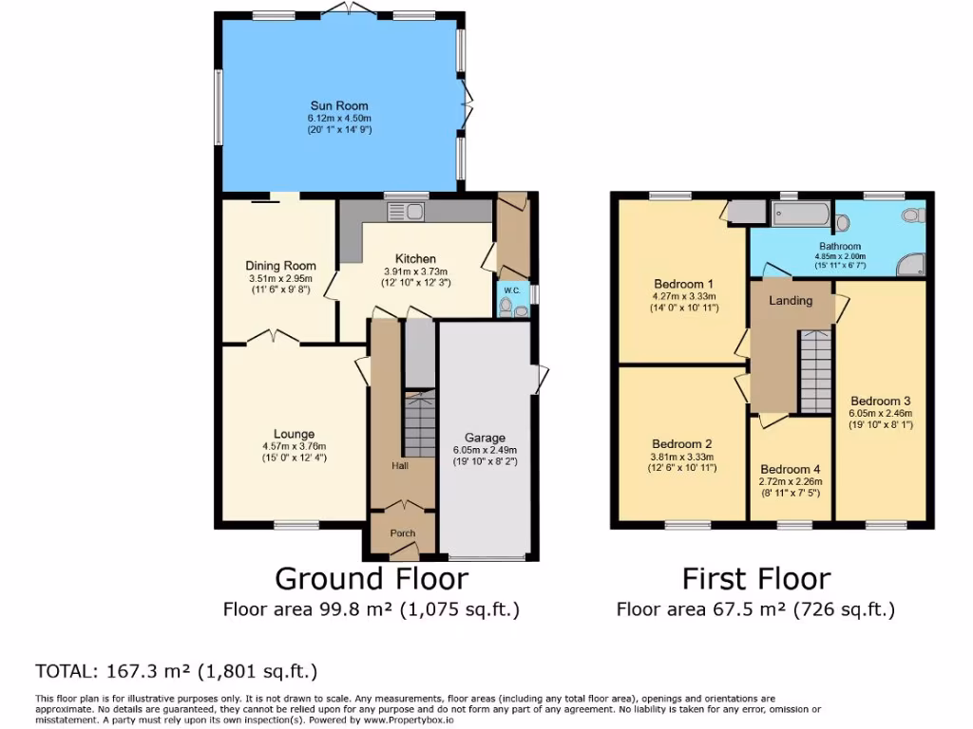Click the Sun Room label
[x=338, y=106]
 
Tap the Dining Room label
[x=280, y=266]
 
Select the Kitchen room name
[x=415, y=259]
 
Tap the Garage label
[x=485, y=438]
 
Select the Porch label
[x=403, y=533]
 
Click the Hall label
[x=400, y=466]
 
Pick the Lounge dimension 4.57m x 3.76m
[x=294, y=447]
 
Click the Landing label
[x=791, y=301]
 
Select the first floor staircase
[x=814, y=371]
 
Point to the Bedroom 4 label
[x=790, y=470]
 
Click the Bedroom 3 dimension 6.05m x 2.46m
[x=880, y=413]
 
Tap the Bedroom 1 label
[x=682, y=284]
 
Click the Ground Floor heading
[x=372, y=578]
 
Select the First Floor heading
[x=756, y=578]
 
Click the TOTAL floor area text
[x=177, y=672]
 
